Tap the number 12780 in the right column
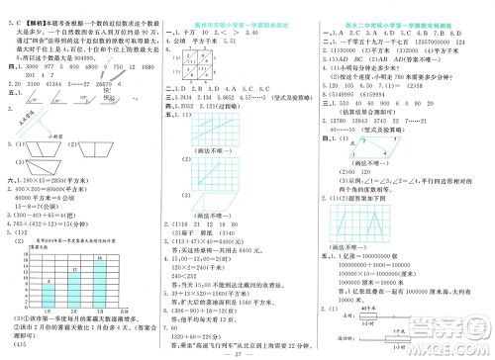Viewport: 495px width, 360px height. click(x=354, y=118)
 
